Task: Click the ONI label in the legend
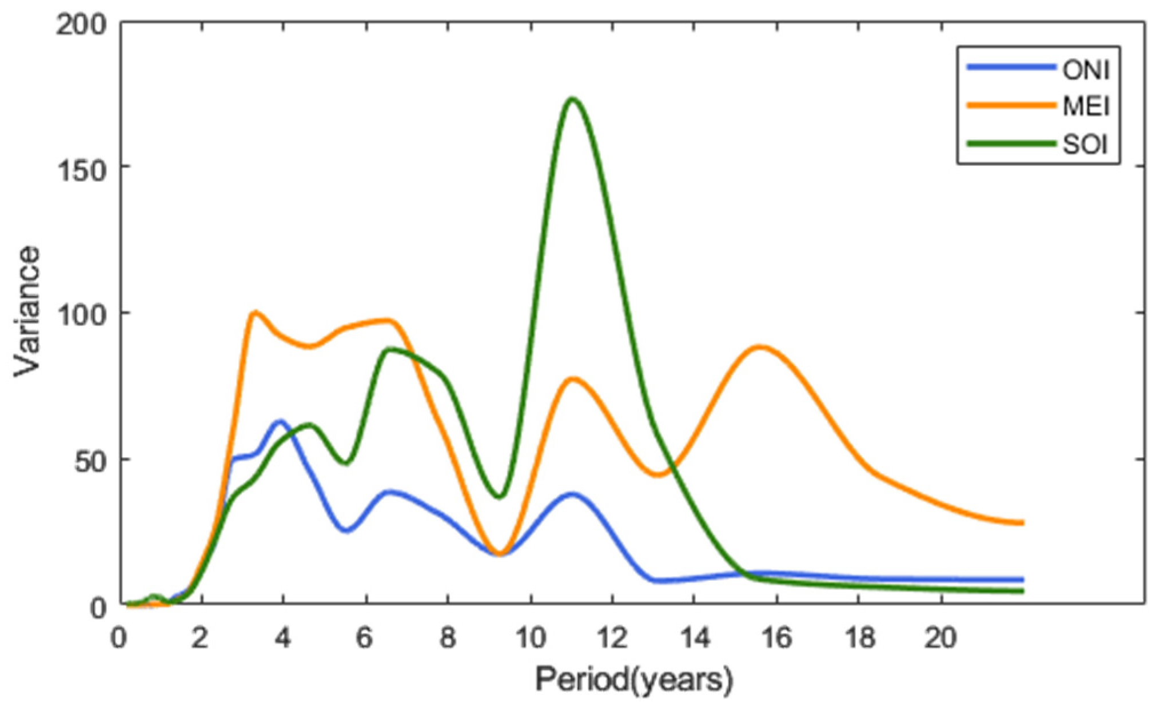click(x=1086, y=70)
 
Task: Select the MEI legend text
click(x=1086, y=106)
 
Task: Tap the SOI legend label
click(x=1085, y=145)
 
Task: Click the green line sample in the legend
click(x=1011, y=144)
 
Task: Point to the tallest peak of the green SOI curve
click(x=572, y=99)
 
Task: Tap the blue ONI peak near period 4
click(x=280, y=422)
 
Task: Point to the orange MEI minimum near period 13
click(x=659, y=474)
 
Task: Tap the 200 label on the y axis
click(x=82, y=26)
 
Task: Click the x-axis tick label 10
click(x=531, y=637)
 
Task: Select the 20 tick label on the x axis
click(x=940, y=637)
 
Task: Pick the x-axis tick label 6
click(x=365, y=637)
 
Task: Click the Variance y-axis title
click(x=27, y=311)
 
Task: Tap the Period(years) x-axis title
click(x=633, y=680)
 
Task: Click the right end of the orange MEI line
click(x=1021, y=522)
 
